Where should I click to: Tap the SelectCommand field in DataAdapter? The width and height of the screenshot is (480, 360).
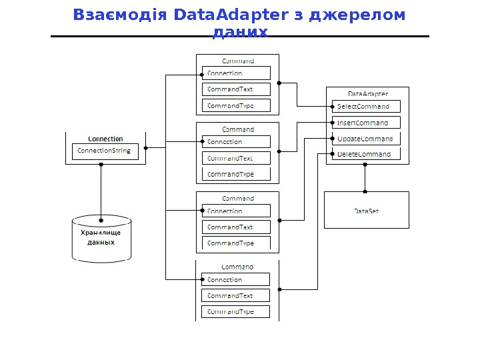click(x=365, y=106)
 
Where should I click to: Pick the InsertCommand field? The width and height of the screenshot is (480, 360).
click(x=365, y=123)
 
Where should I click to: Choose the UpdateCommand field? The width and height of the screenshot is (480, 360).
click(x=365, y=139)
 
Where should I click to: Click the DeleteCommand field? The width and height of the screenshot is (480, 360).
click(x=365, y=154)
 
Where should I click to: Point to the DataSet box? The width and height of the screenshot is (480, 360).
click(x=366, y=211)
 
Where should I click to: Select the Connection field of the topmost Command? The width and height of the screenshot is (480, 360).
click(x=236, y=73)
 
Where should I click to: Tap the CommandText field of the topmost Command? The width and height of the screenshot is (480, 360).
click(x=236, y=89)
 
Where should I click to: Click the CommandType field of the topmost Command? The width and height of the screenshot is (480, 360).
click(x=236, y=105)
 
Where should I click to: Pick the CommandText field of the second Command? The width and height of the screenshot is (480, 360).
click(x=236, y=158)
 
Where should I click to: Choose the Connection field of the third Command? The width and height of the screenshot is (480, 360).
click(x=236, y=211)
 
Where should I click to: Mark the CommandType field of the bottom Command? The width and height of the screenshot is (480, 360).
click(x=236, y=311)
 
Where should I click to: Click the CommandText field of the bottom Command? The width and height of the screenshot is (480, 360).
click(x=236, y=295)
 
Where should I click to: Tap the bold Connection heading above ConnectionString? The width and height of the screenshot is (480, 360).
click(x=105, y=139)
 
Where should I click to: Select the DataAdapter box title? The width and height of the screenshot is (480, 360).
click(x=368, y=94)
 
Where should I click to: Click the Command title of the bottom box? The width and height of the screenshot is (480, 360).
click(x=237, y=267)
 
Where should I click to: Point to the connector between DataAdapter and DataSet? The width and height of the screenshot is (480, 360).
click(x=365, y=177)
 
